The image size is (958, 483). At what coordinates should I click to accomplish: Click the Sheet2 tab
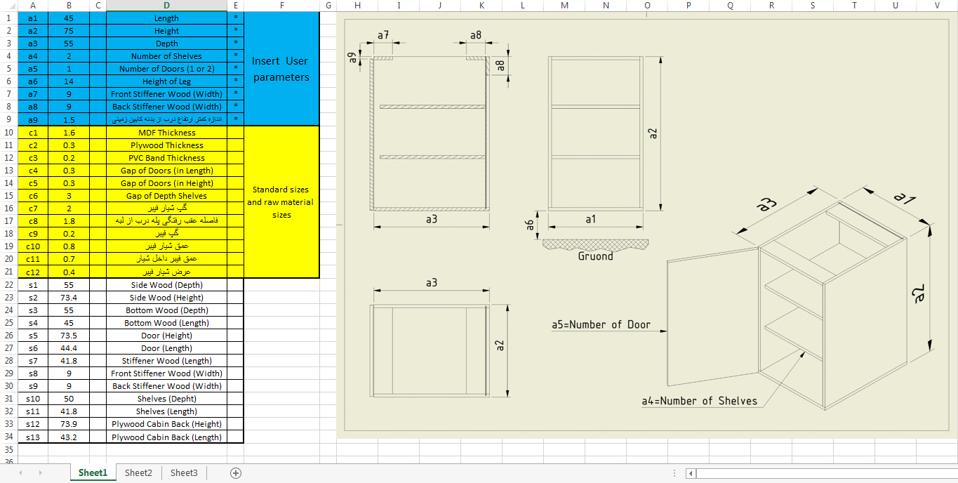[138, 472]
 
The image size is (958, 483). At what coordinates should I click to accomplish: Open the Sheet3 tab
[184, 472]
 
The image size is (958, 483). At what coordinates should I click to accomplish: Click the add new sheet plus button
[236, 472]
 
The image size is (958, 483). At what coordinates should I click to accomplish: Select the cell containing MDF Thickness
[167, 133]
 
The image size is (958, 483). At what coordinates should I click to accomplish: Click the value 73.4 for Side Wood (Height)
[69, 298]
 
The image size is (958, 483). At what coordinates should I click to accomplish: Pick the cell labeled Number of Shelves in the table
[166, 56]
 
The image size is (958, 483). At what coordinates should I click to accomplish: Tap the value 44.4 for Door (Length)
[69, 348]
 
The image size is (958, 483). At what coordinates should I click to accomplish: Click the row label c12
[33, 272]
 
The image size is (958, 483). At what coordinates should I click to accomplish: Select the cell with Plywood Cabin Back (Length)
[167, 437]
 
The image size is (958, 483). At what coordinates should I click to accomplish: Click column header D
[167, 5]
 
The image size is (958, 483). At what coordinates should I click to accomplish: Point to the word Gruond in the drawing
[595, 256]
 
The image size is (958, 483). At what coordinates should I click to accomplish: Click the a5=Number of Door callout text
[601, 325]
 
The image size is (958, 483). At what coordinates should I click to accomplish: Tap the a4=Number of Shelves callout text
[699, 401]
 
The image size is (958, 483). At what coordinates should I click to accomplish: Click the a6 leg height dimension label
[530, 225]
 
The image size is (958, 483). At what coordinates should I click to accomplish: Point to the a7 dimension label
[383, 35]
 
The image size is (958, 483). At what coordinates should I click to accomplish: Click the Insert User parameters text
[281, 69]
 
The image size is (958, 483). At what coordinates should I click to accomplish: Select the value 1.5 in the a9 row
[69, 120]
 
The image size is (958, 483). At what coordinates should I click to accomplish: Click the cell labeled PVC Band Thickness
[167, 158]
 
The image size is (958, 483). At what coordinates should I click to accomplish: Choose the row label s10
[33, 399]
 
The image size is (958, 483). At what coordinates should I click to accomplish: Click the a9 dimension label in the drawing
[352, 58]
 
